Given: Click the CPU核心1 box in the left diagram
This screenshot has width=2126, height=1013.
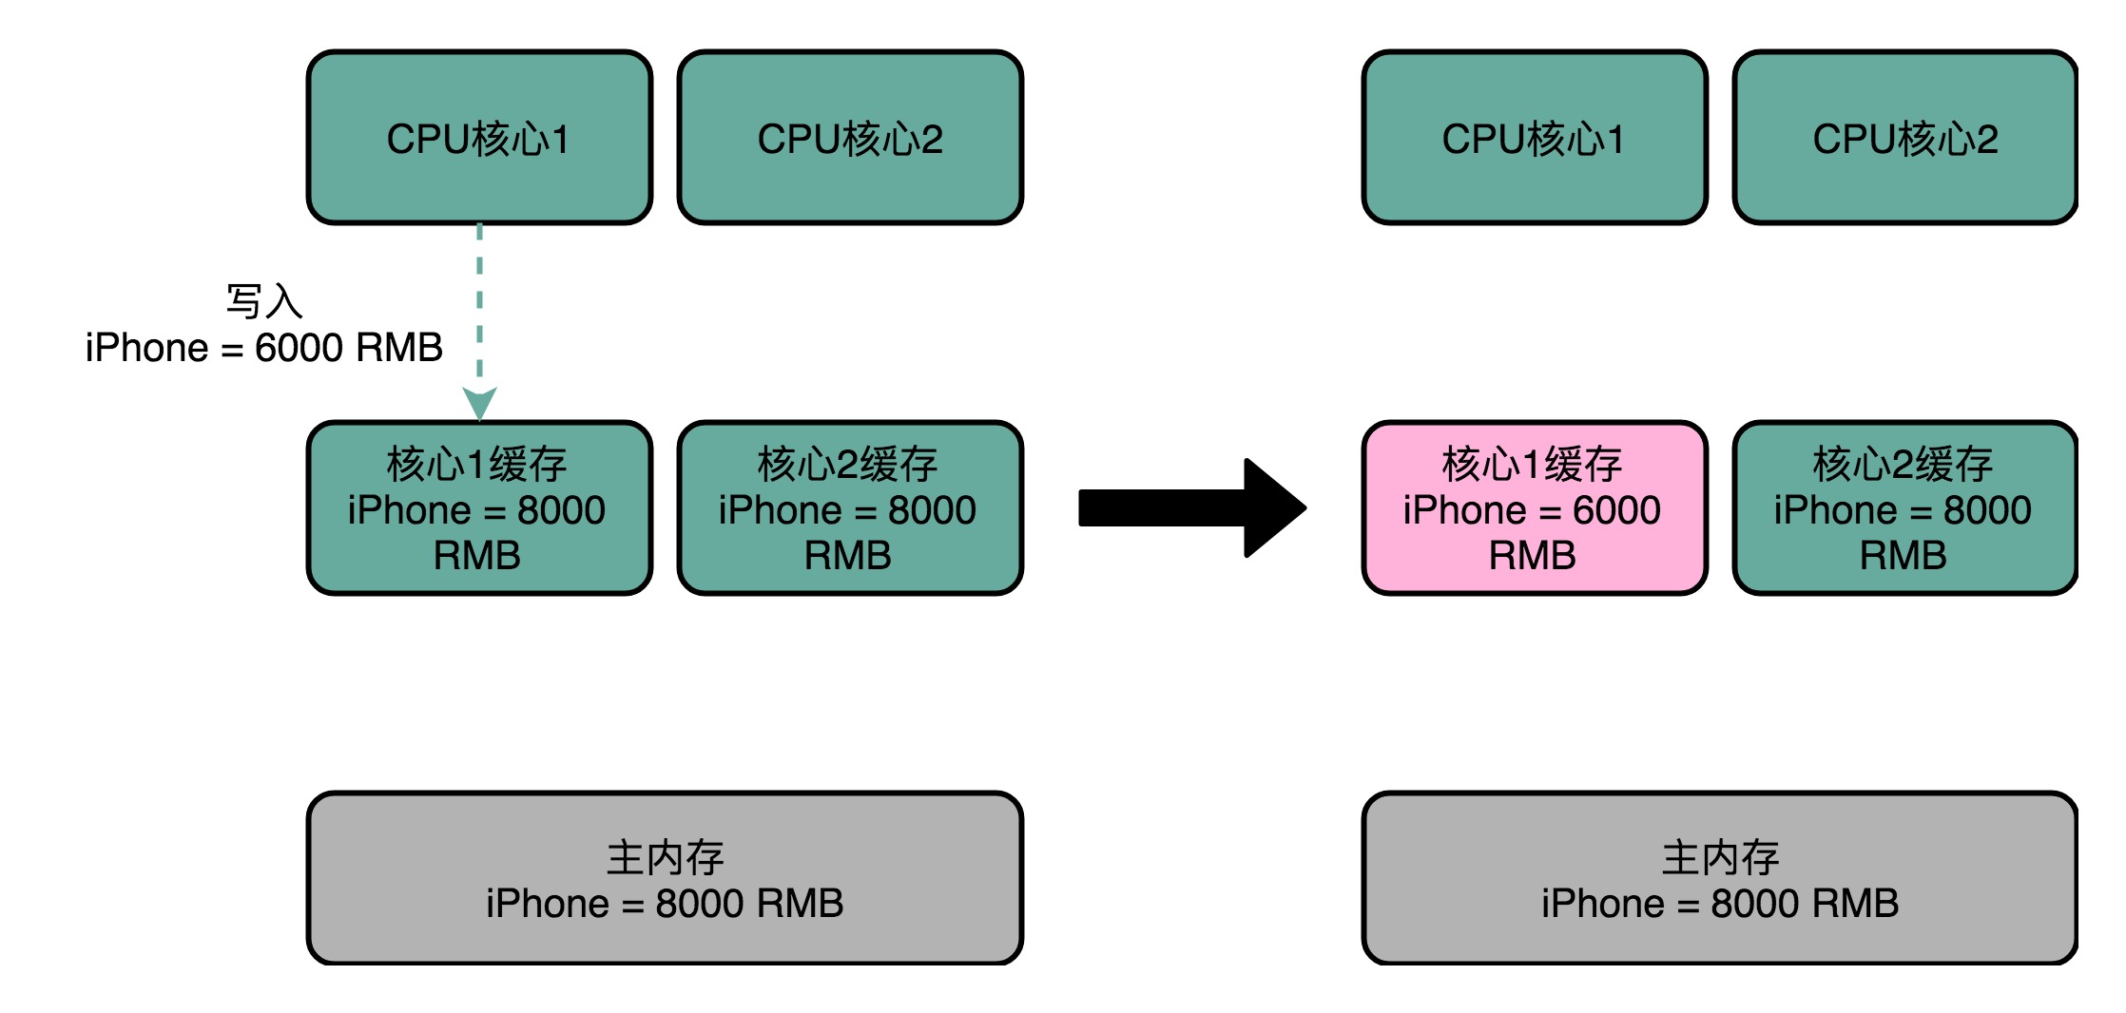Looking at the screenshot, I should point(479,139).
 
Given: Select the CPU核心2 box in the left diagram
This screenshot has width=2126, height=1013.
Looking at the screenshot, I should point(850,139).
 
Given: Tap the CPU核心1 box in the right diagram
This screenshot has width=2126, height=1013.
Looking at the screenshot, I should point(1534,139).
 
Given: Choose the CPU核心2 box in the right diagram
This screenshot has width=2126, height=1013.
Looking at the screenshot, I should point(1904,139).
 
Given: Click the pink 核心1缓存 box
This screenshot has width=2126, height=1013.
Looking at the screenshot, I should point(1534,508).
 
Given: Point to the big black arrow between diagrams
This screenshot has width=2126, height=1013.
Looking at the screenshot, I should point(1189,508).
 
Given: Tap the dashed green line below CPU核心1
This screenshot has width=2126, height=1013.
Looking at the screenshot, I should point(479,304).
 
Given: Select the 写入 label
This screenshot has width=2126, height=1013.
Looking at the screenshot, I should point(264,301).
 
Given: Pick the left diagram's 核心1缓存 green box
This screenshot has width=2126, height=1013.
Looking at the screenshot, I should point(479,508).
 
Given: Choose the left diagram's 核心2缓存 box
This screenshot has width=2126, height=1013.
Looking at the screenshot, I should point(850,508).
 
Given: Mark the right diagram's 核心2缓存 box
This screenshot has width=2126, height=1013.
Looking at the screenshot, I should point(1904,508).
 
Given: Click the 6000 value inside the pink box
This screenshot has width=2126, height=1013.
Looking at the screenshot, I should point(1616,510).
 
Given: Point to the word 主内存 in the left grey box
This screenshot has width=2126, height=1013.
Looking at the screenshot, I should point(665,857).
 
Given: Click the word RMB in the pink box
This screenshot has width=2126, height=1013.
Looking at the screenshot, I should point(1533,556).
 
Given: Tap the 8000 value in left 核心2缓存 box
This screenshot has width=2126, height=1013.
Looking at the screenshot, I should point(932,510).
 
